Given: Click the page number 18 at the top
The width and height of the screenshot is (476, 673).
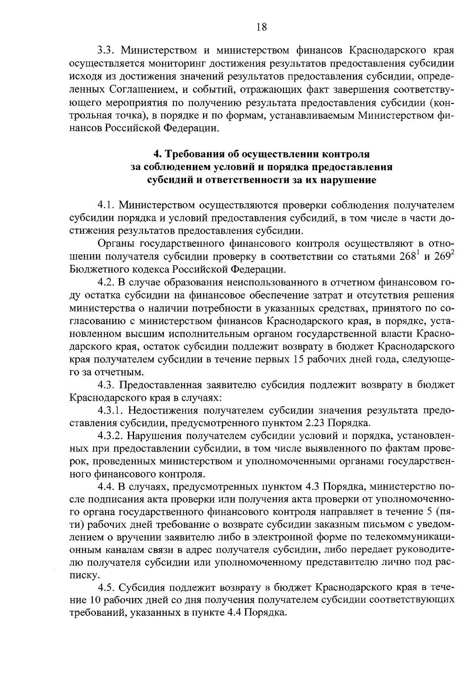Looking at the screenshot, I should point(262,27).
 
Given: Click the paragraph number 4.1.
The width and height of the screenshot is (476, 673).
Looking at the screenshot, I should point(106,205).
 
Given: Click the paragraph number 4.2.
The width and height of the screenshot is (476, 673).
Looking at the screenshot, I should point(106,283).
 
